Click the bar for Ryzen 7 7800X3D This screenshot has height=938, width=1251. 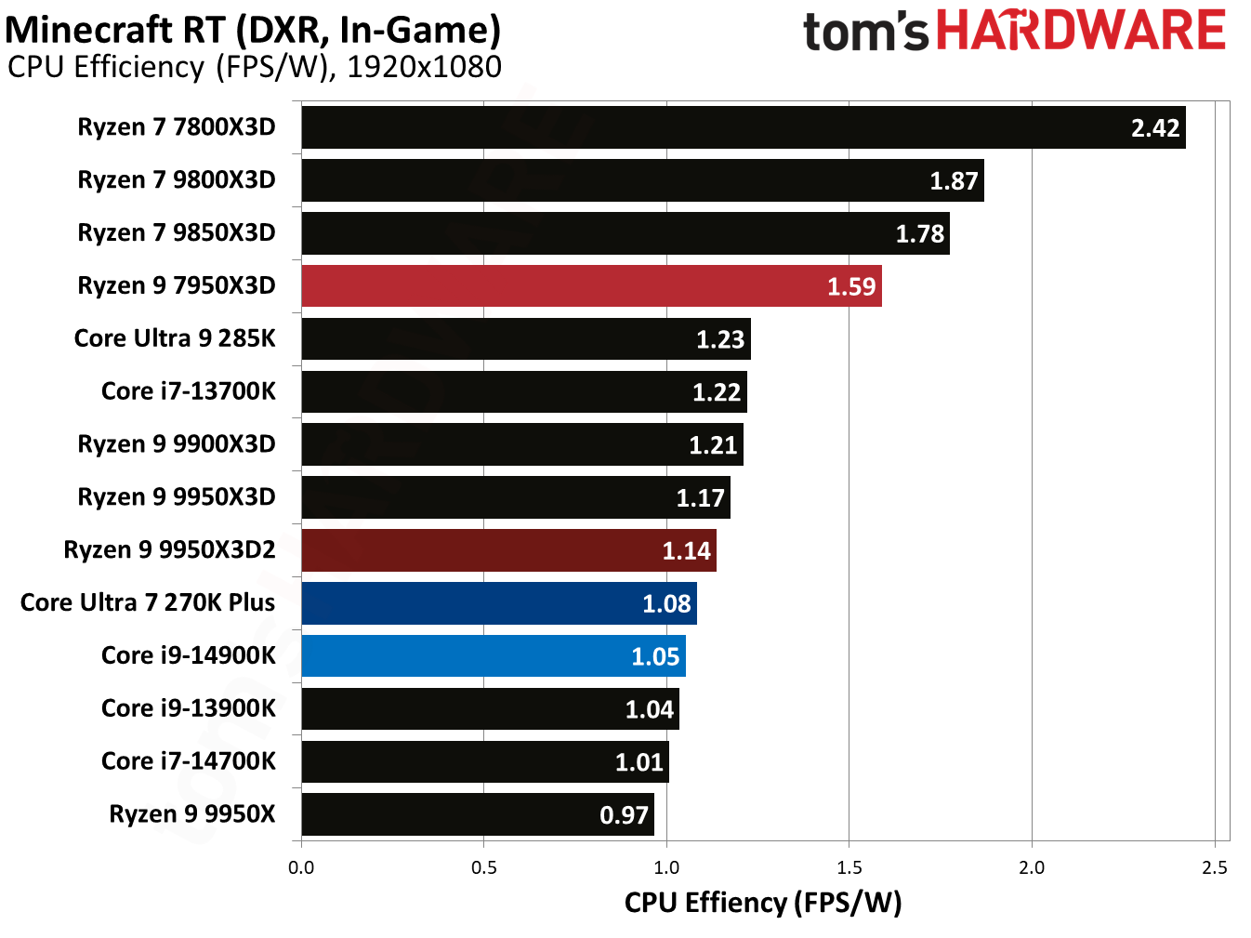click(x=743, y=127)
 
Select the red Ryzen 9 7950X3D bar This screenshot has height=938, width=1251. click(x=591, y=286)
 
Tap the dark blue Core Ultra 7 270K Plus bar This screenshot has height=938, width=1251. click(x=498, y=603)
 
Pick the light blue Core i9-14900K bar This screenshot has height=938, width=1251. click(x=493, y=656)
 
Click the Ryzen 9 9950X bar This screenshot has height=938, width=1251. click(x=477, y=814)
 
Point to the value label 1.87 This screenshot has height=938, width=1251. click(x=954, y=181)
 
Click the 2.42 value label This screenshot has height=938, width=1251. click(x=1154, y=128)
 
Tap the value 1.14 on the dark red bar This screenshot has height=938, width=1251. click(x=686, y=551)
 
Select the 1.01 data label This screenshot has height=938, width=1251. click(x=639, y=763)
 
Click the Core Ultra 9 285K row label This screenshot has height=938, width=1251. click(x=175, y=338)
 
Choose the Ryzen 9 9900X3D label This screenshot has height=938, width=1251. click(x=177, y=444)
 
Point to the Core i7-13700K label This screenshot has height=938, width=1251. click(x=189, y=391)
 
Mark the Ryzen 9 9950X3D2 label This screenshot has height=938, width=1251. click(x=169, y=550)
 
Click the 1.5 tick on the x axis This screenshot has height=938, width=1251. click(x=849, y=868)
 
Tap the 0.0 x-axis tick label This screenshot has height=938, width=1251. click(x=301, y=868)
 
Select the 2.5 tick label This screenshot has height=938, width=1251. click(x=1214, y=868)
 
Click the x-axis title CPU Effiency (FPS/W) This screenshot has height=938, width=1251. click(x=762, y=903)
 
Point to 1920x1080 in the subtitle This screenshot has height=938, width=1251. click(x=424, y=67)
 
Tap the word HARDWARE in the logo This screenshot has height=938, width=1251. click(x=1080, y=31)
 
